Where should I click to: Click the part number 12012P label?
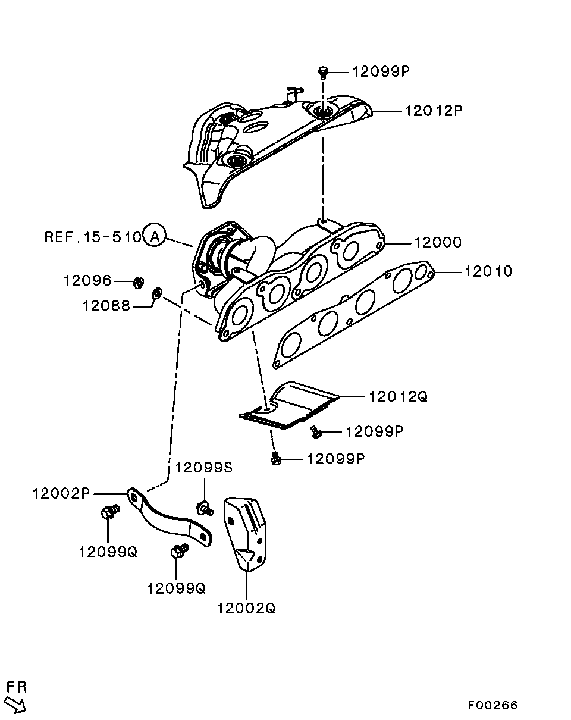coord(434,111)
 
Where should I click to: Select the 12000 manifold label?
coord(438,242)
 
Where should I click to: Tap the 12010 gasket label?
coord(489,271)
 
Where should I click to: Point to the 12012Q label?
coord(398,396)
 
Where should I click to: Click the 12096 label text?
coord(87,280)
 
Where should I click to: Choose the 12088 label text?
coord(106,306)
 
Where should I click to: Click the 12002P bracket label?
coord(61,493)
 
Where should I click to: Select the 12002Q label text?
coord(246,608)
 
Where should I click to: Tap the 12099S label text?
coord(203,467)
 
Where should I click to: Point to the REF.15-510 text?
coord(93,237)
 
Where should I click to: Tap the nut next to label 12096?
coord(139,283)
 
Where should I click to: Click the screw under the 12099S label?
coord(205,509)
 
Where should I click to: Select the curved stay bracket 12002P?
coord(169,517)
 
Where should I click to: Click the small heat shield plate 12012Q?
coord(289,405)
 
